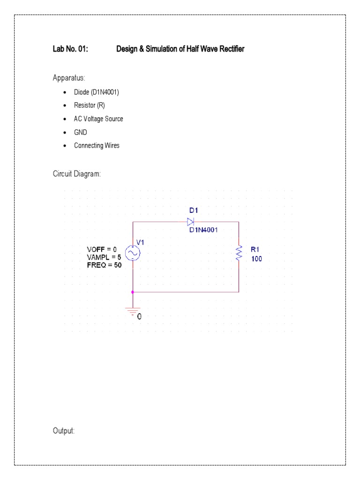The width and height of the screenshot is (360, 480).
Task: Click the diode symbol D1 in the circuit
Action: coord(191,222)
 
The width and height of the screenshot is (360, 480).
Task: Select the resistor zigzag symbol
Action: coord(239,253)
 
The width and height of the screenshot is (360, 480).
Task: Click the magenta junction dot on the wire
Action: coord(133,292)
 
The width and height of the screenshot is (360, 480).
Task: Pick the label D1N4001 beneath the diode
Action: coord(204,230)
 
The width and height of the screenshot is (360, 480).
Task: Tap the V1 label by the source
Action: coord(141,242)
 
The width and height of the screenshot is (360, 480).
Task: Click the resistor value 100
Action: coord(256,258)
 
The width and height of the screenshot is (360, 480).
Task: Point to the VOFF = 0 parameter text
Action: coord(102,249)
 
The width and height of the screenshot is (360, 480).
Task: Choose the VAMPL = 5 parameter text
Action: coord(104,257)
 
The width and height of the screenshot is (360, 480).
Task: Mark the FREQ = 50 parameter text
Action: coord(104,265)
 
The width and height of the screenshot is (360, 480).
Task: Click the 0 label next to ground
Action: coord(139,316)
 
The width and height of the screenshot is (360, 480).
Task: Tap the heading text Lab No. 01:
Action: coord(70,49)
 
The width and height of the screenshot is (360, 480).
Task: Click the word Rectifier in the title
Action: coord(230,49)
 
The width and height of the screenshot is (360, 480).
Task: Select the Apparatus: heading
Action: coord(68,77)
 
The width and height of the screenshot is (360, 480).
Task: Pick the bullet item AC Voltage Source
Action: coord(98,119)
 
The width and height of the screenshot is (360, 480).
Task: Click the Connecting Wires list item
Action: coord(97,146)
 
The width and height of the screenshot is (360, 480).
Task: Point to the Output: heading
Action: coord(64,431)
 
